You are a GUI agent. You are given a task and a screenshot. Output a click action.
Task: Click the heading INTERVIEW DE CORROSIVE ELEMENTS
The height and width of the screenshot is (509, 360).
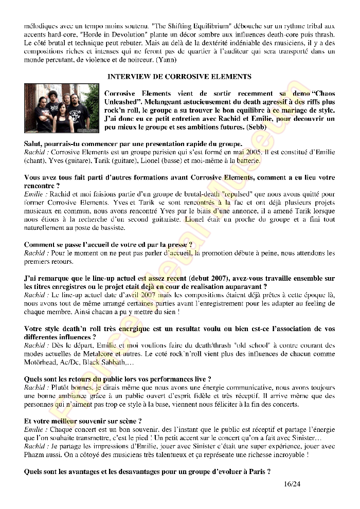pos(179,76)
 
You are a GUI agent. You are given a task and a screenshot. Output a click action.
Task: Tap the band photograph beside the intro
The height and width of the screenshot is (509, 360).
pos(61,107)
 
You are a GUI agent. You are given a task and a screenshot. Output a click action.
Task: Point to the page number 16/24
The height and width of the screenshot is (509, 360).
pos(292,484)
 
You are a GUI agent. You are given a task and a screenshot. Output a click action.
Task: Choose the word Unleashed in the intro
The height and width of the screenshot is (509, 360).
pos(125,101)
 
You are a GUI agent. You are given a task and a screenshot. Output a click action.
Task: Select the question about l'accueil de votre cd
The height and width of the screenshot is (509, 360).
pos(109,245)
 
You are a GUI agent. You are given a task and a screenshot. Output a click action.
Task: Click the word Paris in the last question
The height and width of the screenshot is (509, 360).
pos(257,471)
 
